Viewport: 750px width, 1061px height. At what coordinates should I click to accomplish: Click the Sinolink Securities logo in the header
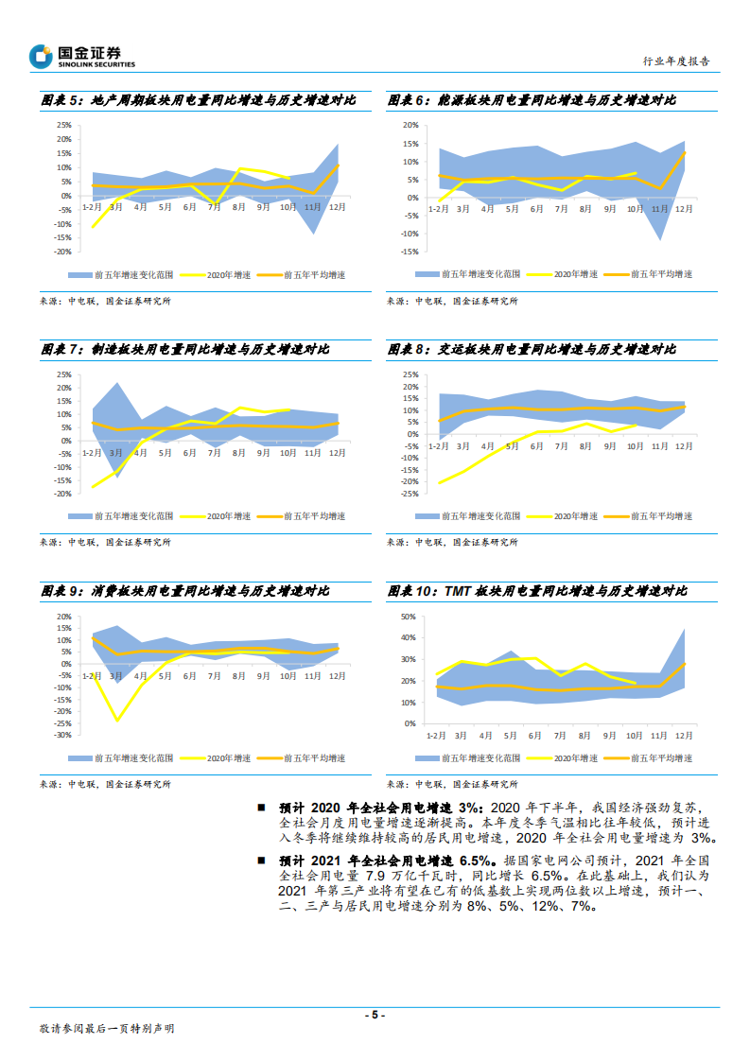coord(82,57)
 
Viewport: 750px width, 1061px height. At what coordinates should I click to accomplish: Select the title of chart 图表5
coord(199,99)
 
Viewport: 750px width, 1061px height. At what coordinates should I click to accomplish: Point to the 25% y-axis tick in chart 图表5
coord(63,125)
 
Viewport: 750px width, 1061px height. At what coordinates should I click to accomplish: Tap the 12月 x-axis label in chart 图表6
coord(683,208)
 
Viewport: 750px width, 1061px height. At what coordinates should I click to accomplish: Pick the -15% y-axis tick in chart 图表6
coord(410,252)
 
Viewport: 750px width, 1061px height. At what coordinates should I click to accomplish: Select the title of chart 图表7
coord(184,350)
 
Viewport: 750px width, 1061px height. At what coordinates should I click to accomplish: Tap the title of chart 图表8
coord(532,350)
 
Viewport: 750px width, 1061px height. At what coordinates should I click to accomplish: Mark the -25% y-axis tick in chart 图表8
coord(410,494)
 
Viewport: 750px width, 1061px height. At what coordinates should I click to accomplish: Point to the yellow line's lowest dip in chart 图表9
coord(117,721)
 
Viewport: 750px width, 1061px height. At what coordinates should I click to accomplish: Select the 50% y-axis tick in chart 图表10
coord(410,616)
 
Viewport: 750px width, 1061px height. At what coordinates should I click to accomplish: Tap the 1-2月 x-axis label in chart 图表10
coord(436,735)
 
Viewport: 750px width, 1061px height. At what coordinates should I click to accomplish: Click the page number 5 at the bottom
coord(375,1015)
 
